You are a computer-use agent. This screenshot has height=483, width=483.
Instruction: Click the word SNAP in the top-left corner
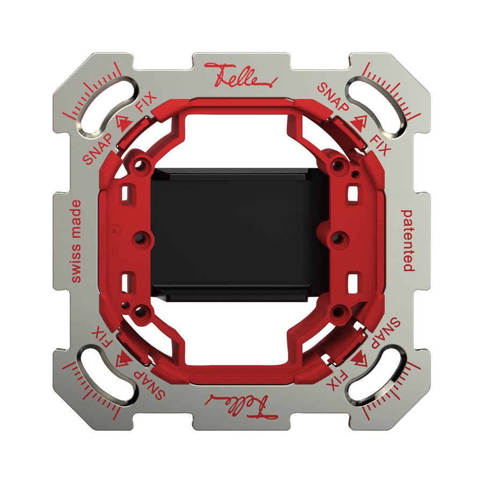(98, 148)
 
